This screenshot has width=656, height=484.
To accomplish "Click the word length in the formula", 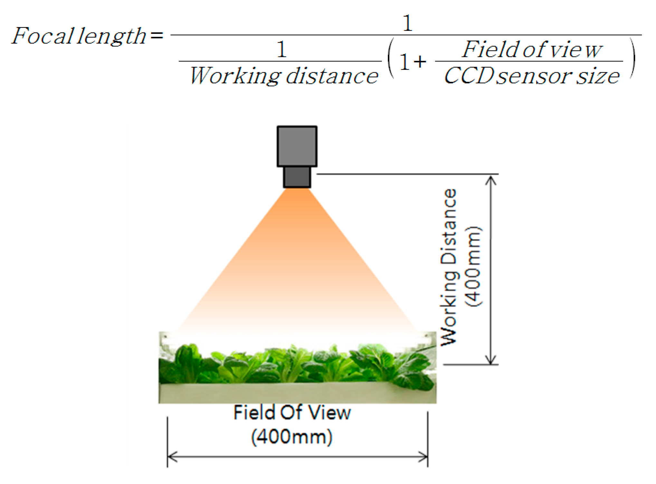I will [x=111, y=37].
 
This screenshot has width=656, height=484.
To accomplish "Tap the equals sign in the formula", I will [x=157, y=35].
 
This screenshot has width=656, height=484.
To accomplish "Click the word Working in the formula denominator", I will [x=235, y=76].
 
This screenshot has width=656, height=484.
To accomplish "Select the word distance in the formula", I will [x=332, y=76].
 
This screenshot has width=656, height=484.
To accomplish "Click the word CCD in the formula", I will [x=469, y=76].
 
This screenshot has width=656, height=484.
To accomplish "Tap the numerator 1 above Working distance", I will [x=281, y=50].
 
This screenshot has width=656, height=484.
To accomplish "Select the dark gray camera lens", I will [x=297, y=177].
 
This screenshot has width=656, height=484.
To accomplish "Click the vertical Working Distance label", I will [x=449, y=267].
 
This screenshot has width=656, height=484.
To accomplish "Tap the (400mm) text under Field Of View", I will [x=292, y=437].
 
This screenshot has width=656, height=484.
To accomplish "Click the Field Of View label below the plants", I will [x=292, y=413].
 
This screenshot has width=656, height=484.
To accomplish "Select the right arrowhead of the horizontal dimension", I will [x=424, y=457].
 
